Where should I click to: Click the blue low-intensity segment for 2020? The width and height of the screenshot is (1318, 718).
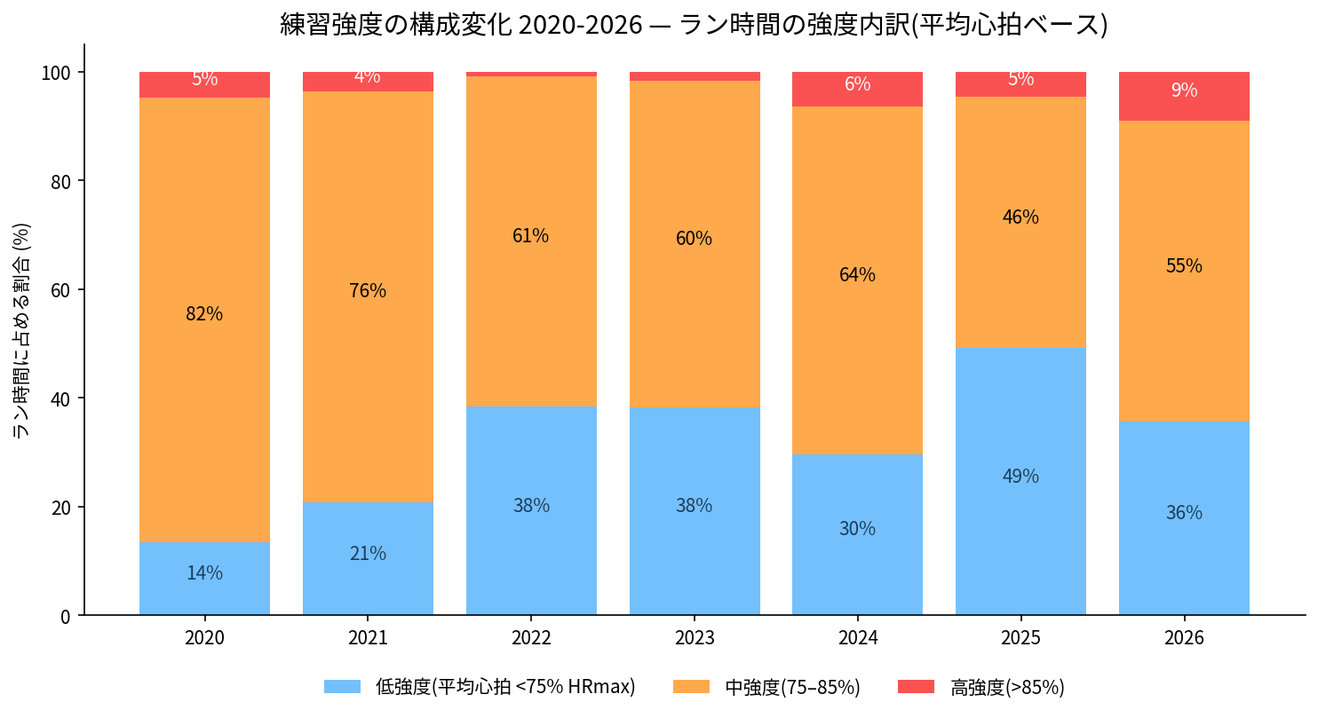pyautogui.click(x=204, y=579)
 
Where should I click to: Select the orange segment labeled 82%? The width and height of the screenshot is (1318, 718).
pyautogui.click(x=204, y=320)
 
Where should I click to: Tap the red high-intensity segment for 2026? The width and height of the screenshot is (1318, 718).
pyautogui.click(x=1184, y=97)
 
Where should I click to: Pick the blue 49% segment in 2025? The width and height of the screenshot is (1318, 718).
pyautogui.click(x=1020, y=482)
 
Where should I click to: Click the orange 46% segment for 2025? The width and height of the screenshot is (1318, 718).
pyautogui.click(x=1020, y=222)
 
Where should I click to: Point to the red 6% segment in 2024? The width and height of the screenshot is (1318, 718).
pyautogui.click(x=857, y=90)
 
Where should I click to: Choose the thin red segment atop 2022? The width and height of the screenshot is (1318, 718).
pyautogui.click(x=531, y=74)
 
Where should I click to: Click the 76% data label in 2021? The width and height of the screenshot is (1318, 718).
pyautogui.click(x=368, y=290)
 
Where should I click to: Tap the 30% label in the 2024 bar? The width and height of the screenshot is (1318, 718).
pyautogui.click(x=857, y=529)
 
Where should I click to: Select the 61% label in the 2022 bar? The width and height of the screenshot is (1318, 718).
pyautogui.click(x=531, y=236)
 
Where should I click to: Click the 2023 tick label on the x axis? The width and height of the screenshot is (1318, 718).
pyautogui.click(x=695, y=638)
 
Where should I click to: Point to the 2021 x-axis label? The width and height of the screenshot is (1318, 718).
pyautogui.click(x=368, y=638)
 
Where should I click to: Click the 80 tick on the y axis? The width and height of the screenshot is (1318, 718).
pyautogui.click(x=60, y=181)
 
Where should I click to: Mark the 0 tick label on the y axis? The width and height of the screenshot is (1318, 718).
pyautogui.click(x=66, y=616)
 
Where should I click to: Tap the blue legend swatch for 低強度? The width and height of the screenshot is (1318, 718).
pyautogui.click(x=343, y=687)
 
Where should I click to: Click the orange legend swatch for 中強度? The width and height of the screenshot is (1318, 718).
pyautogui.click(x=691, y=687)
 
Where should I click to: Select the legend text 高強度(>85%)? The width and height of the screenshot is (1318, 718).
pyautogui.click(x=1007, y=687)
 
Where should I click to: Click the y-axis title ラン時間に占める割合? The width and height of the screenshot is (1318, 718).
pyautogui.click(x=22, y=330)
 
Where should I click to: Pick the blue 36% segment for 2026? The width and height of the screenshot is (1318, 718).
pyautogui.click(x=1184, y=518)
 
